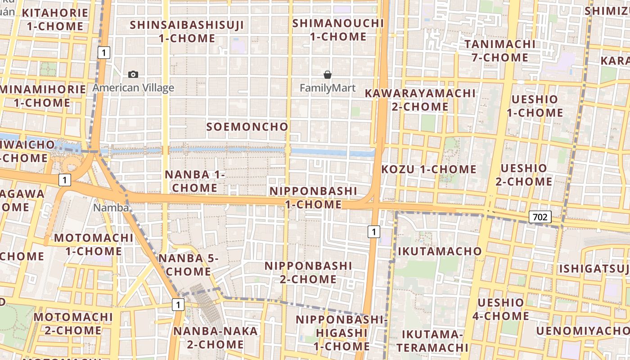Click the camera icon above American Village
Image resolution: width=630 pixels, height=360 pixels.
pos(133,74)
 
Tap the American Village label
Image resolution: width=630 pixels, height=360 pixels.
pos(133,88)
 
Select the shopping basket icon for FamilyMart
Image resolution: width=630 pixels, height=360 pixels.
pos(328,75)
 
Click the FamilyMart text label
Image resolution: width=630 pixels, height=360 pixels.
pos(328,88)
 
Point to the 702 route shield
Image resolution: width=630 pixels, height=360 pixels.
pos(540,217)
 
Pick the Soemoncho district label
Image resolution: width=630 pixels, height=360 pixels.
pos(247,127)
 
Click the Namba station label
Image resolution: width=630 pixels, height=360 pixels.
pos(111,208)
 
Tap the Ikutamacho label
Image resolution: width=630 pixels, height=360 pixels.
pos(440,251)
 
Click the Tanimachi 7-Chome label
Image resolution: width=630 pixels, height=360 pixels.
pos(500,51)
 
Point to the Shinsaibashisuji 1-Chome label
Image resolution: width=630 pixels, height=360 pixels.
pos(187,31)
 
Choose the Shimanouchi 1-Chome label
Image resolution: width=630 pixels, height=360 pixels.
pos(338,30)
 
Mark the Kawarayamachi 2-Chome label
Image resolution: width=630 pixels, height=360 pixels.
pos(420,100)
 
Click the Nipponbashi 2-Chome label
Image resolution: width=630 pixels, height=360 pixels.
pos(308,272)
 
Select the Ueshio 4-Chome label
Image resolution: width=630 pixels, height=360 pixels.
pos(500,309)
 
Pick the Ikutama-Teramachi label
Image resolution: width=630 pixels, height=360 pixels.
pos(432,341)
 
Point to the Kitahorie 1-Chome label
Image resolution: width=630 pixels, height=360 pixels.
pos(55,19)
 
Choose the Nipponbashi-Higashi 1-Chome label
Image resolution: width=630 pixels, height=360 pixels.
pos(341,333)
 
